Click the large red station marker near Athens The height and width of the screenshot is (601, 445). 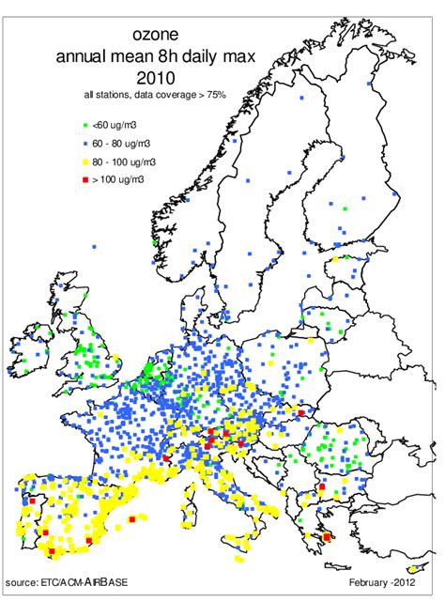point(328,537)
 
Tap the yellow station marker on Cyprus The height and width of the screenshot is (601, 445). point(412,569)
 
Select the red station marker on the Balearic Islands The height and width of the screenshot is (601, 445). point(132,517)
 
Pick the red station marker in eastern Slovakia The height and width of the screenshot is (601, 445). point(301,412)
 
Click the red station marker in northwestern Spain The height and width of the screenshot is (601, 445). point(31,502)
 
